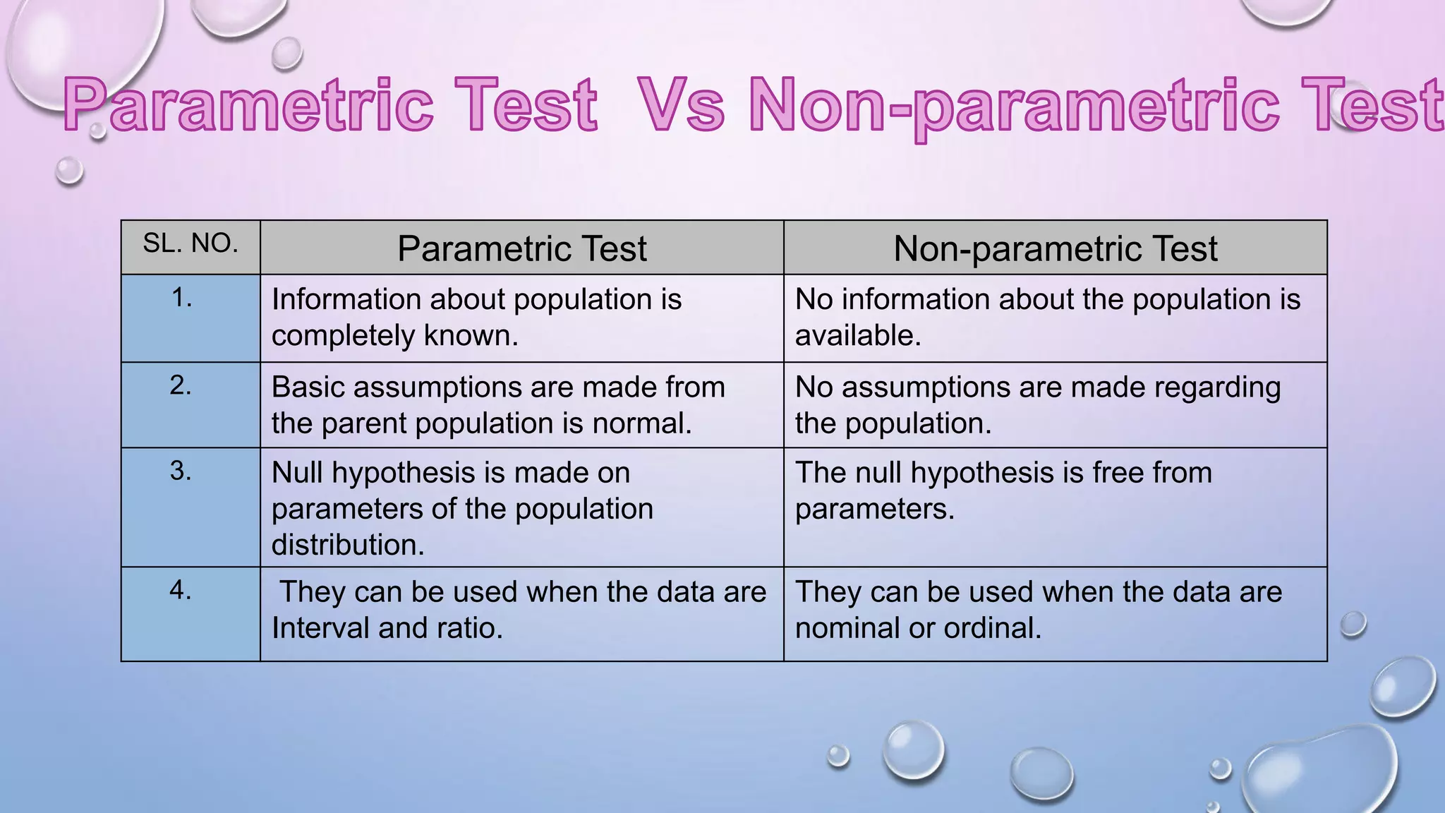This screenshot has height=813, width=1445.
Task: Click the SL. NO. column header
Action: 190,243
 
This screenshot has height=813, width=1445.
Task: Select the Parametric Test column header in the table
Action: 521,248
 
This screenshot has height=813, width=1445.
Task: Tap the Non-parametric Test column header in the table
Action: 1055,248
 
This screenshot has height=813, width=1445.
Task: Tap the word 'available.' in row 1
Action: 858,336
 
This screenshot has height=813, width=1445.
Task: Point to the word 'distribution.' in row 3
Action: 348,545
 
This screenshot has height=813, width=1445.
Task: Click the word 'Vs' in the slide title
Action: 680,105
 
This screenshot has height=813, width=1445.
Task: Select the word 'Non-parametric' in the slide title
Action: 1013,105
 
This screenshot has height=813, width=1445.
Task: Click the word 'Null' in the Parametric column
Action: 297,472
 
